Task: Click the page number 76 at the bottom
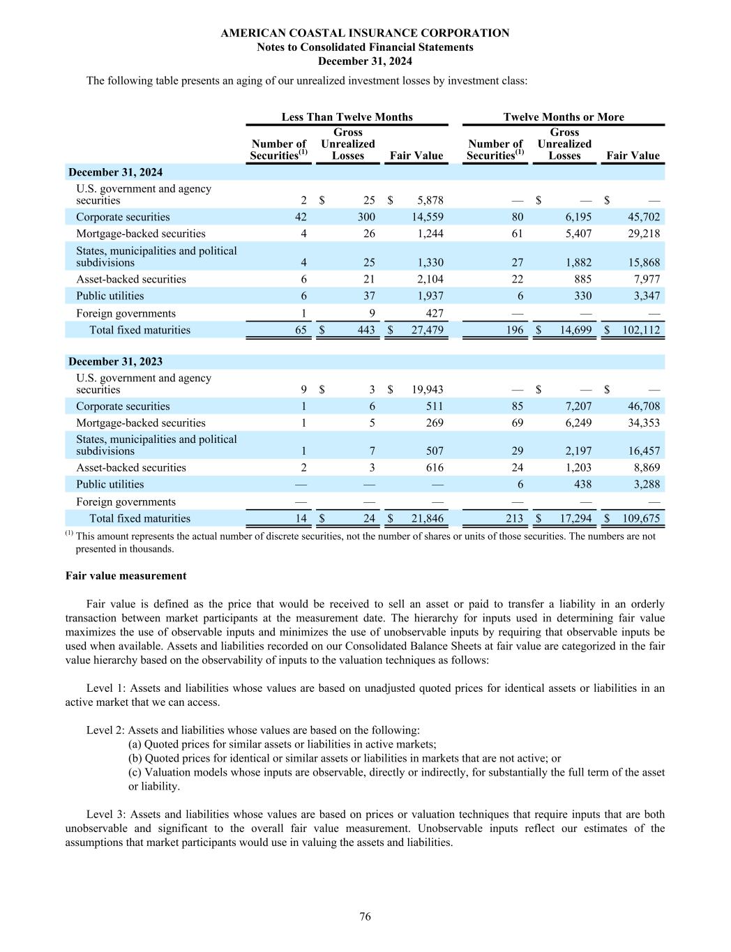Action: pos(365,916)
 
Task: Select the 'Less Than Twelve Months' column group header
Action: pos(347,117)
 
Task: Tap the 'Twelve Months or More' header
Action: pos(564,117)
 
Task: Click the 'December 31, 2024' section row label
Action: pos(115,172)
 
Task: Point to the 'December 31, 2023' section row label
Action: pos(115,361)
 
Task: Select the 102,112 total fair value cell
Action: pos(640,330)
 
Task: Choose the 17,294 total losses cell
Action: pos(575,518)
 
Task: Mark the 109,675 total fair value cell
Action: pos(640,518)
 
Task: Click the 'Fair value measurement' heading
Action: pos(126,576)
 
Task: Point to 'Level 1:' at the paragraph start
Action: pos(106,688)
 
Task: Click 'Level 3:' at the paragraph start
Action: pos(106,815)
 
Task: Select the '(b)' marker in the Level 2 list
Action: pos(135,759)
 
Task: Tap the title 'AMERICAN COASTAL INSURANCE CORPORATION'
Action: pos(365,33)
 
